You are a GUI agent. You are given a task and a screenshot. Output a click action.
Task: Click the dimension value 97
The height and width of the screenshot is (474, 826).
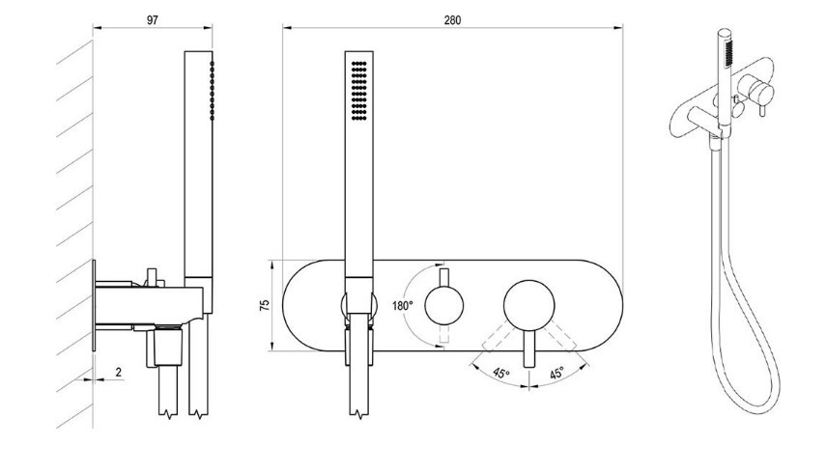tap(153, 20)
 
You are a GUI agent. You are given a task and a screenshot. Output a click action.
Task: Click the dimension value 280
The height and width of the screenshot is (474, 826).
tap(452, 20)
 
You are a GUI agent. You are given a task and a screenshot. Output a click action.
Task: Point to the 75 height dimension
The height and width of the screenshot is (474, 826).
tap(265, 305)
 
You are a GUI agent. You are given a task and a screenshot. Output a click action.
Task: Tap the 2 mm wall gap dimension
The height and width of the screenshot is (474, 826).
tap(119, 372)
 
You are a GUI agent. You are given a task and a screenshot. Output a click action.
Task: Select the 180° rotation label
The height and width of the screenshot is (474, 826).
tap(403, 305)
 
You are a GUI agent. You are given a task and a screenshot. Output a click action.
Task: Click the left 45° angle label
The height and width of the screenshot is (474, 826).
tap(501, 374)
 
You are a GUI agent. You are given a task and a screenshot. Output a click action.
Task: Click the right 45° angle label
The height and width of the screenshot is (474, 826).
tap(556, 374)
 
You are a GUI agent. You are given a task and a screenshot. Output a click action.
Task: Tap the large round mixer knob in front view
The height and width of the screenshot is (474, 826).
tap(528, 306)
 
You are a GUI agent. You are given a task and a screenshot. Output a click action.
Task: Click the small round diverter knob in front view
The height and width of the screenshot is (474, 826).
tap(444, 305)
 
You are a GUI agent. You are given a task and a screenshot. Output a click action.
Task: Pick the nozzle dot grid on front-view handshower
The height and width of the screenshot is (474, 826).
tap(359, 91)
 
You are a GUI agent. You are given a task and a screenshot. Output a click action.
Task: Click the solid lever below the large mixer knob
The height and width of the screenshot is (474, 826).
tap(528, 349)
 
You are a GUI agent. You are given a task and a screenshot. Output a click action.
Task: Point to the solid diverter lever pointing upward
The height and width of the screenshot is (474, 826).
tap(444, 278)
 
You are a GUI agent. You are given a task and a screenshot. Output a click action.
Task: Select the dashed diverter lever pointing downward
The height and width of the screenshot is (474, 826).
tap(444, 334)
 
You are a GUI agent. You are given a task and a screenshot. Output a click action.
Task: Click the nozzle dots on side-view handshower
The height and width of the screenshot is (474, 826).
tap(212, 90)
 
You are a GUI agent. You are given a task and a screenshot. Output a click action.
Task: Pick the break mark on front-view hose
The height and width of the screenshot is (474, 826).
tap(359, 414)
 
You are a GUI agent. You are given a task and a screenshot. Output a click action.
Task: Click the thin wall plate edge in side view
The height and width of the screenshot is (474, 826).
tap(94, 305)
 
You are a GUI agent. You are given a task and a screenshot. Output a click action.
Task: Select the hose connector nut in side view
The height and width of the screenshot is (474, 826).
tap(167, 347)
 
